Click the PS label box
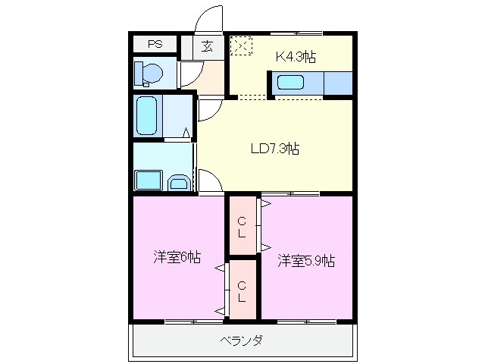point(155,44)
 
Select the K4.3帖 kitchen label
point(295,55)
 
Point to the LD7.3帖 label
point(274,149)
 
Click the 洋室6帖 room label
point(177,258)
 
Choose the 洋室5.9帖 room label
point(305,262)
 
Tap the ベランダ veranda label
point(242,340)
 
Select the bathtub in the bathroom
point(148,115)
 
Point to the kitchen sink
point(290,83)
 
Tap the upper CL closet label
point(242,227)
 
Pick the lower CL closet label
point(242,291)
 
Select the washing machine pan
point(148,180)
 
